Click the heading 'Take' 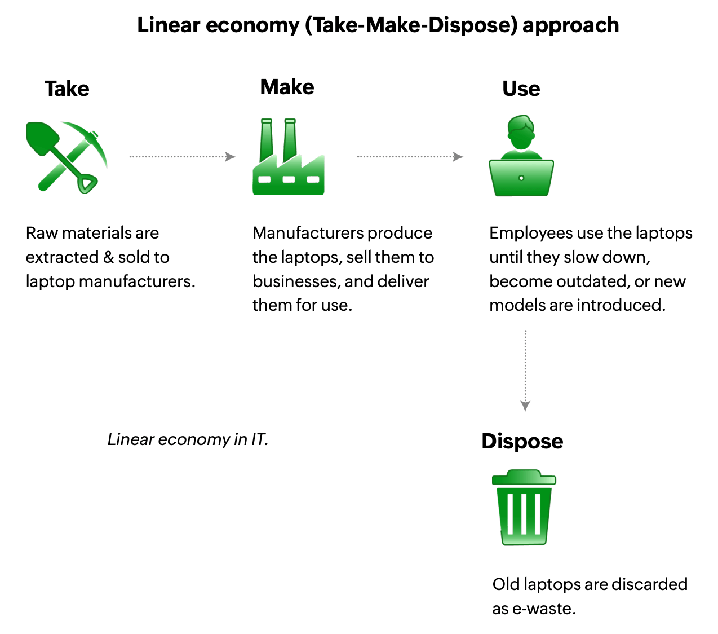67,89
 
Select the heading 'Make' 287,87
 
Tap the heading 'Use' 521,89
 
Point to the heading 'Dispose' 522,441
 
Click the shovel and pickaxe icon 67,157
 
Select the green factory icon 288,158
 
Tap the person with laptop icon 521,157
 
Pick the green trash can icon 524,508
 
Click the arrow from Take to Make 182,157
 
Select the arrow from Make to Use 410,157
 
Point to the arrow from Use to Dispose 525,370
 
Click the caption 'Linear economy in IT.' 188,439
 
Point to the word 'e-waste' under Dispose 543,609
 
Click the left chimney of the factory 267,139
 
